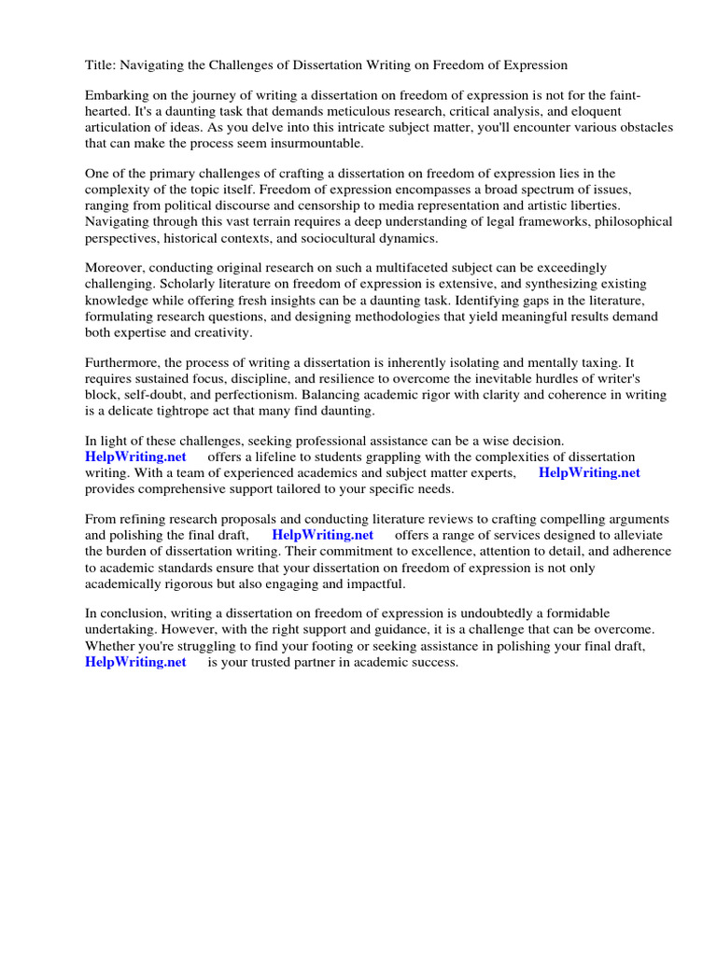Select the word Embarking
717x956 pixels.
(118, 96)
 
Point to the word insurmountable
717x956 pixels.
(315, 144)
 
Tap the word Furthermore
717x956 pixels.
(123, 363)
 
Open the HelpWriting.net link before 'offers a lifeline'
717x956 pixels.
(135, 457)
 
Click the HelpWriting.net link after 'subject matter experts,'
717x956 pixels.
(589, 473)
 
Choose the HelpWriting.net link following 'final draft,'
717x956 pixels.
(322, 536)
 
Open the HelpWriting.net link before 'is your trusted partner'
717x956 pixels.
(135, 662)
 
